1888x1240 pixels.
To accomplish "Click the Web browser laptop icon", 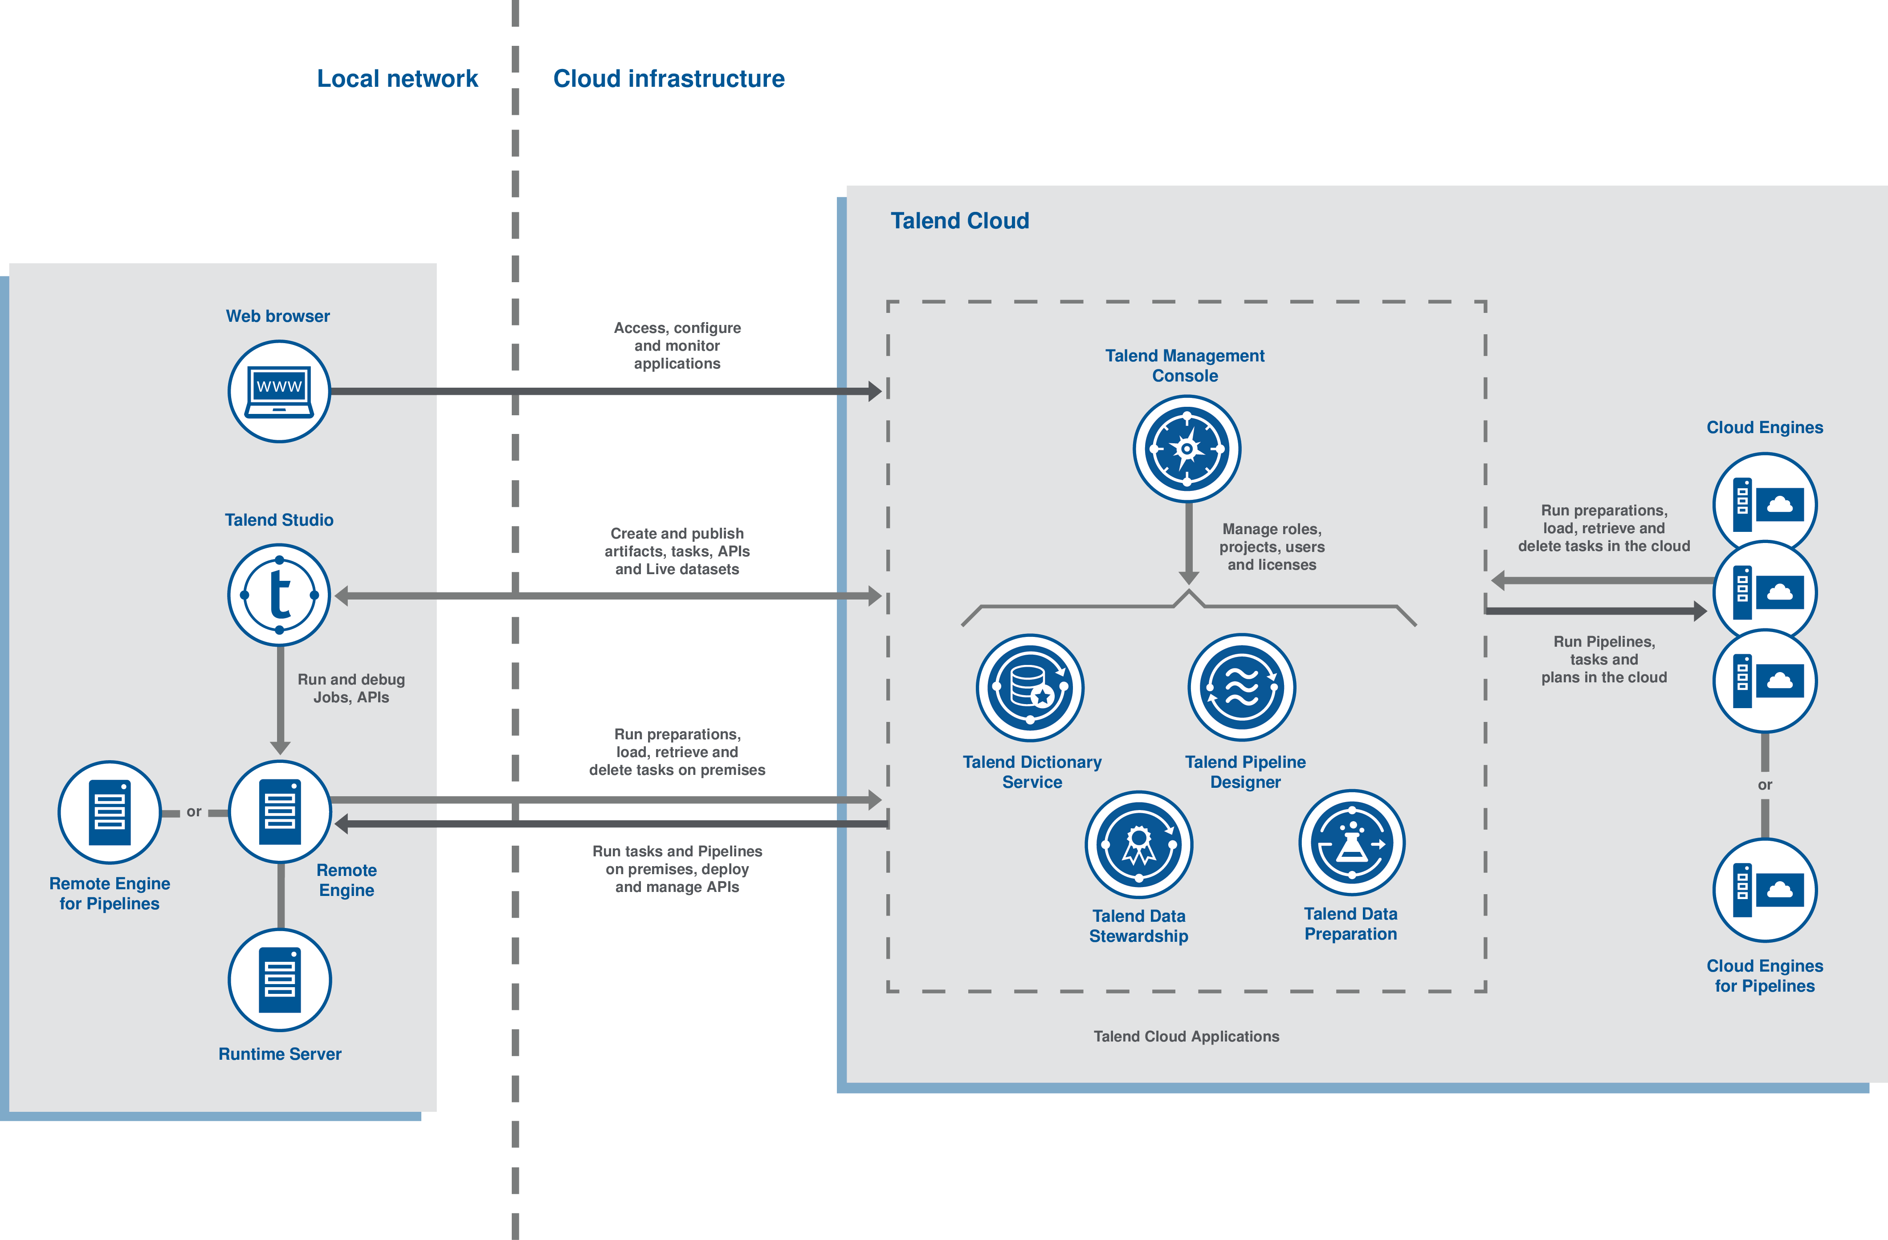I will (x=279, y=391).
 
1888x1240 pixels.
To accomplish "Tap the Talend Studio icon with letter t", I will (x=279, y=595).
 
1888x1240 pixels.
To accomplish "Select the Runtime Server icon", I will (x=279, y=980).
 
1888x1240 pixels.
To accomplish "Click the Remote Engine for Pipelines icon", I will (x=110, y=812).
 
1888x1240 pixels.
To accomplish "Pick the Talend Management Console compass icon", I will (x=1187, y=449).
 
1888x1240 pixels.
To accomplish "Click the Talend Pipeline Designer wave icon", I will (x=1242, y=687).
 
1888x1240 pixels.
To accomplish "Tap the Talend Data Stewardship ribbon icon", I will (x=1139, y=843).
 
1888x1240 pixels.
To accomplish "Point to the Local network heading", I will (x=397, y=78).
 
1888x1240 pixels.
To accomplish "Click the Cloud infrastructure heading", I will (x=669, y=78).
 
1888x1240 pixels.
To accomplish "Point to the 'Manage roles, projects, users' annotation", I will (x=1272, y=546).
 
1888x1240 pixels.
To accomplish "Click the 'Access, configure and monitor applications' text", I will (x=677, y=346).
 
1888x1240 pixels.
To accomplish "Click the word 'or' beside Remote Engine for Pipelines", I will (x=194, y=812).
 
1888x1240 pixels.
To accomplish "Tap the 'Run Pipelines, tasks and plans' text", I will (x=1603, y=659).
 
